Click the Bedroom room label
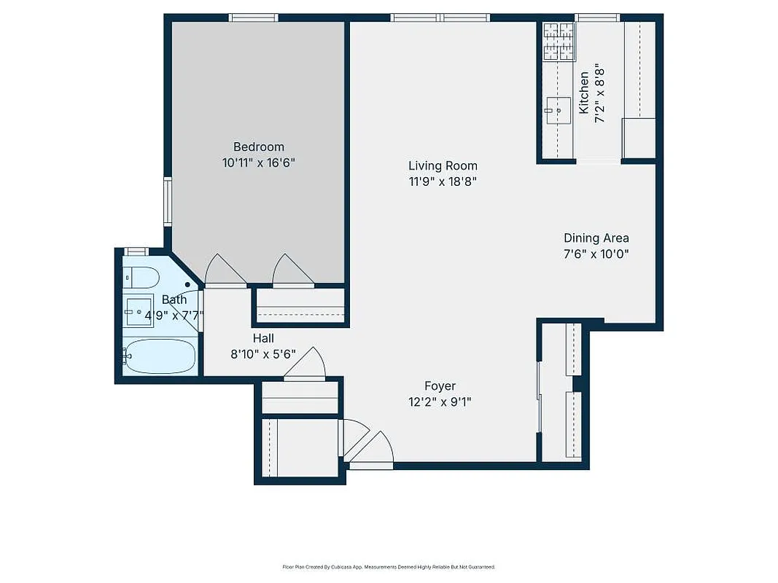(258, 146)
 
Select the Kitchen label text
(584, 93)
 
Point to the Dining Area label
(596, 238)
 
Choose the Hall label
(263, 338)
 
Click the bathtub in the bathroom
(160, 356)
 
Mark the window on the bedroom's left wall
(168, 202)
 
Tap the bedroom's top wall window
(253, 17)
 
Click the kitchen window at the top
(596, 17)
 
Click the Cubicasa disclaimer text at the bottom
(389, 566)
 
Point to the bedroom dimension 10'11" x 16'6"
(258, 163)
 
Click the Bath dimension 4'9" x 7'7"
(174, 316)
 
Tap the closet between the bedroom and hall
(300, 305)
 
